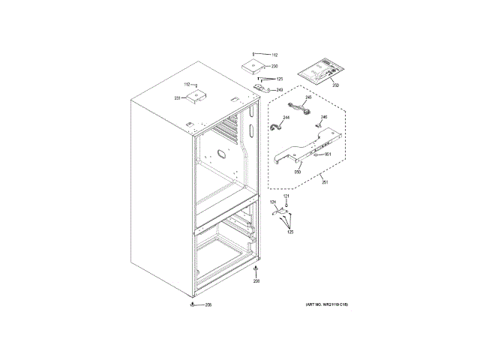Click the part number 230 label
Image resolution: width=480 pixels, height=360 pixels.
coord(274,67)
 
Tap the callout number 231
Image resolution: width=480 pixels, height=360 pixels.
coord(178,98)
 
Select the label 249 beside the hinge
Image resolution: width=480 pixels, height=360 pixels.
coord(280,90)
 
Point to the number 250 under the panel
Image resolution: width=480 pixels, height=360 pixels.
coord(335,86)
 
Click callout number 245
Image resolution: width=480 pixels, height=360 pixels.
coord(307,98)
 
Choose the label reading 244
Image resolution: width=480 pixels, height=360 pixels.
coord(286,118)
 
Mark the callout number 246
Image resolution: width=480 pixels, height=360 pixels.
coord(324,118)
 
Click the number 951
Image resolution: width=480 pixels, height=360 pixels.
coord(327,154)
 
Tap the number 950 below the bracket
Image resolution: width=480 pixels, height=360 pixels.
coord(297,172)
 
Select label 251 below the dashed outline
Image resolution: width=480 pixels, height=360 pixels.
coord(325,182)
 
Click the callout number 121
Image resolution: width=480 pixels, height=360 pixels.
coord(285,196)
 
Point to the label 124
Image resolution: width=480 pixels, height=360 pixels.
coord(273,203)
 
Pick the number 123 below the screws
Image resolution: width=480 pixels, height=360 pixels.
coord(289,233)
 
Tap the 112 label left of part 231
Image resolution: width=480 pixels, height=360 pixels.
coord(187,84)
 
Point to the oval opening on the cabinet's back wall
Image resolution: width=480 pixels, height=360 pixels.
coord(220,155)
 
